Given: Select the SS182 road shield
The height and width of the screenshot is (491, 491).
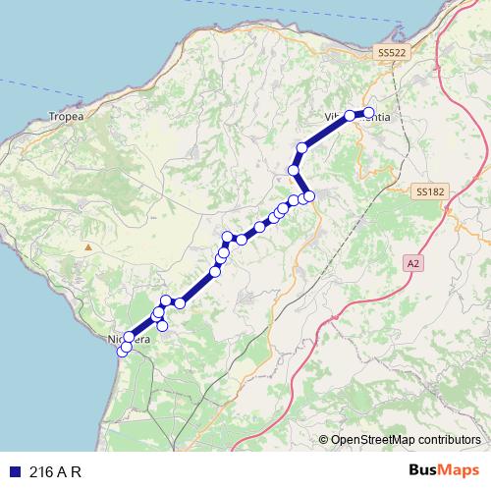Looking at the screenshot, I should (429, 192).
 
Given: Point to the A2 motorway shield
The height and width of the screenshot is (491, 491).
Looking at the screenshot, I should (412, 263).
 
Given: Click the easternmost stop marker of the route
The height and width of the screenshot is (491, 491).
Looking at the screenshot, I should (369, 113).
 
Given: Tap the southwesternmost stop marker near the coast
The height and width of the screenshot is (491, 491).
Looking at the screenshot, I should (123, 351).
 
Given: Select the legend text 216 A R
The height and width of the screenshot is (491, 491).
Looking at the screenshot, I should (55, 471).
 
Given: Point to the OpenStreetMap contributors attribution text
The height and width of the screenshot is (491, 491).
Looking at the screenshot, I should (406, 440).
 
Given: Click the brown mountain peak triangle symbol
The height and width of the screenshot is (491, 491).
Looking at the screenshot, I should (87, 246).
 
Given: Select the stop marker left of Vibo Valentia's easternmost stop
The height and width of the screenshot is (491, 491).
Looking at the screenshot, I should (350, 116).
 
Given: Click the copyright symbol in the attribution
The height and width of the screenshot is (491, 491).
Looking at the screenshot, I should (324, 440).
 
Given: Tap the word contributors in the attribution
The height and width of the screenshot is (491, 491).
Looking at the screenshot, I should (447, 440).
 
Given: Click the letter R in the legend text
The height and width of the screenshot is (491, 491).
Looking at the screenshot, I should (75, 471).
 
